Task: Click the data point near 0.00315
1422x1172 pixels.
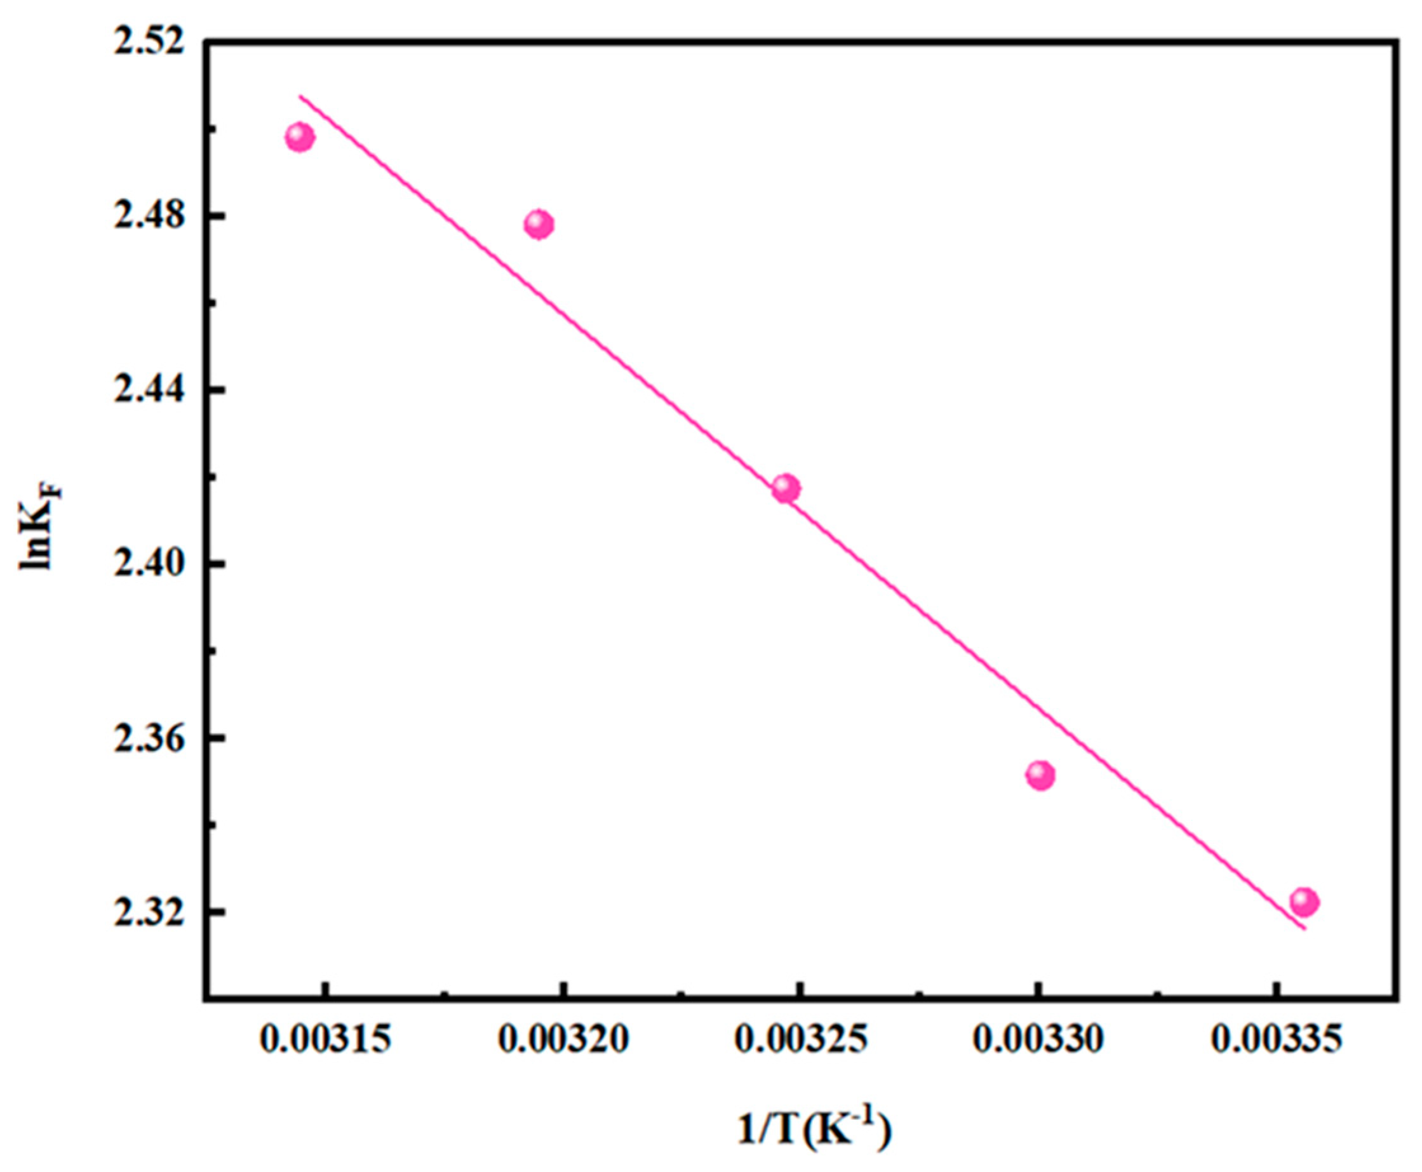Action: click(x=300, y=138)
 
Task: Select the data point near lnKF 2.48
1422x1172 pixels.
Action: click(x=539, y=224)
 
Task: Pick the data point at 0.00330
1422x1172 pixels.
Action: click(x=1040, y=776)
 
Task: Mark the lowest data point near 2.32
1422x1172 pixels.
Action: click(x=1304, y=902)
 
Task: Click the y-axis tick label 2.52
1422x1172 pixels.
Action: click(x=148, y=43)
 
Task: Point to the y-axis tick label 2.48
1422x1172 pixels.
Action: click(x=148, y=216)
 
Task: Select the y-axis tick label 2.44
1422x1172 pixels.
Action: click(x=148, y=390)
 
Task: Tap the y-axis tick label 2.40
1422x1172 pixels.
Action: click(x=148, y=564)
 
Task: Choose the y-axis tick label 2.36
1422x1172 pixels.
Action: click(x=148, y=738)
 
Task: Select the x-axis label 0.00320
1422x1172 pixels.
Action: click(x=564, y=1041)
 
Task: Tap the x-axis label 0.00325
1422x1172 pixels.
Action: click(x=801, y=1041)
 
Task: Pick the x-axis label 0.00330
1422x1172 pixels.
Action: click(x=1038, y=1041)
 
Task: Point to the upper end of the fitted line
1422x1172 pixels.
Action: click(x=300, y=96)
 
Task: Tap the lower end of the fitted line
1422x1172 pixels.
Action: click(x=1305, y=929)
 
